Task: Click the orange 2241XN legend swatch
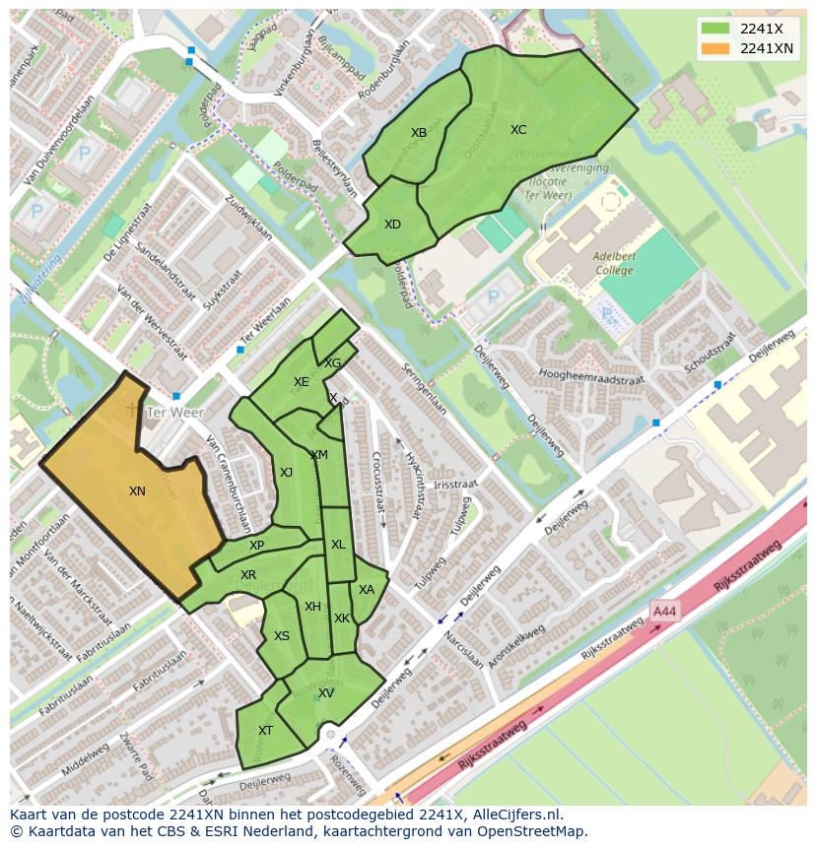(x=715, y=48)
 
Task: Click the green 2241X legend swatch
(x=715, y=29)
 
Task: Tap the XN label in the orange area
(x=137, y=490)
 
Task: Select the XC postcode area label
(x=518, y=130)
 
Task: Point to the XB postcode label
(x=419, y=133)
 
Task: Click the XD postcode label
(x=392, y=225)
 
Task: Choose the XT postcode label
(x=265, y=730)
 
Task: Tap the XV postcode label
(x=326, y=693)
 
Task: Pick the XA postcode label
(x=367, y=590)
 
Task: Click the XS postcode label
(x=282, y=636)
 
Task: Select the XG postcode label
(x=333, y=363)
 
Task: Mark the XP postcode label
(x=256, y=546)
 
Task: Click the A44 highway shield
(x=665, y=612)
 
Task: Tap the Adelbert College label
(x=614, y=263)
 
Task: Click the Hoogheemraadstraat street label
(x=591, y=376)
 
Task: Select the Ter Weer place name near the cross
(x=173, y=413)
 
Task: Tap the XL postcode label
(x=338, y=545)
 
